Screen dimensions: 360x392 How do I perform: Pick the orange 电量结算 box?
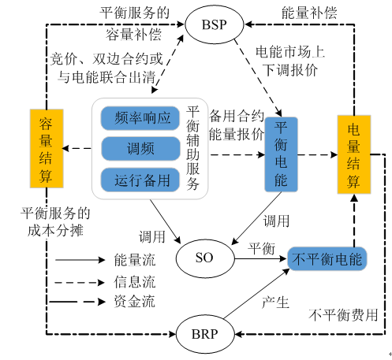coord(353,154)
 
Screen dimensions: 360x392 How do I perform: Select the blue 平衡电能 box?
coord(281,154)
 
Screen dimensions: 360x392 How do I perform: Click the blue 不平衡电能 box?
coord(327,258)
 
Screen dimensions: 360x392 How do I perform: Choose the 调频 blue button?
coord(140,148)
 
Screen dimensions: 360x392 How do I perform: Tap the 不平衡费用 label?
coord(343,314)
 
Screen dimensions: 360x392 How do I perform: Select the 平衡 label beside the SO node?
coord(261,250)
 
